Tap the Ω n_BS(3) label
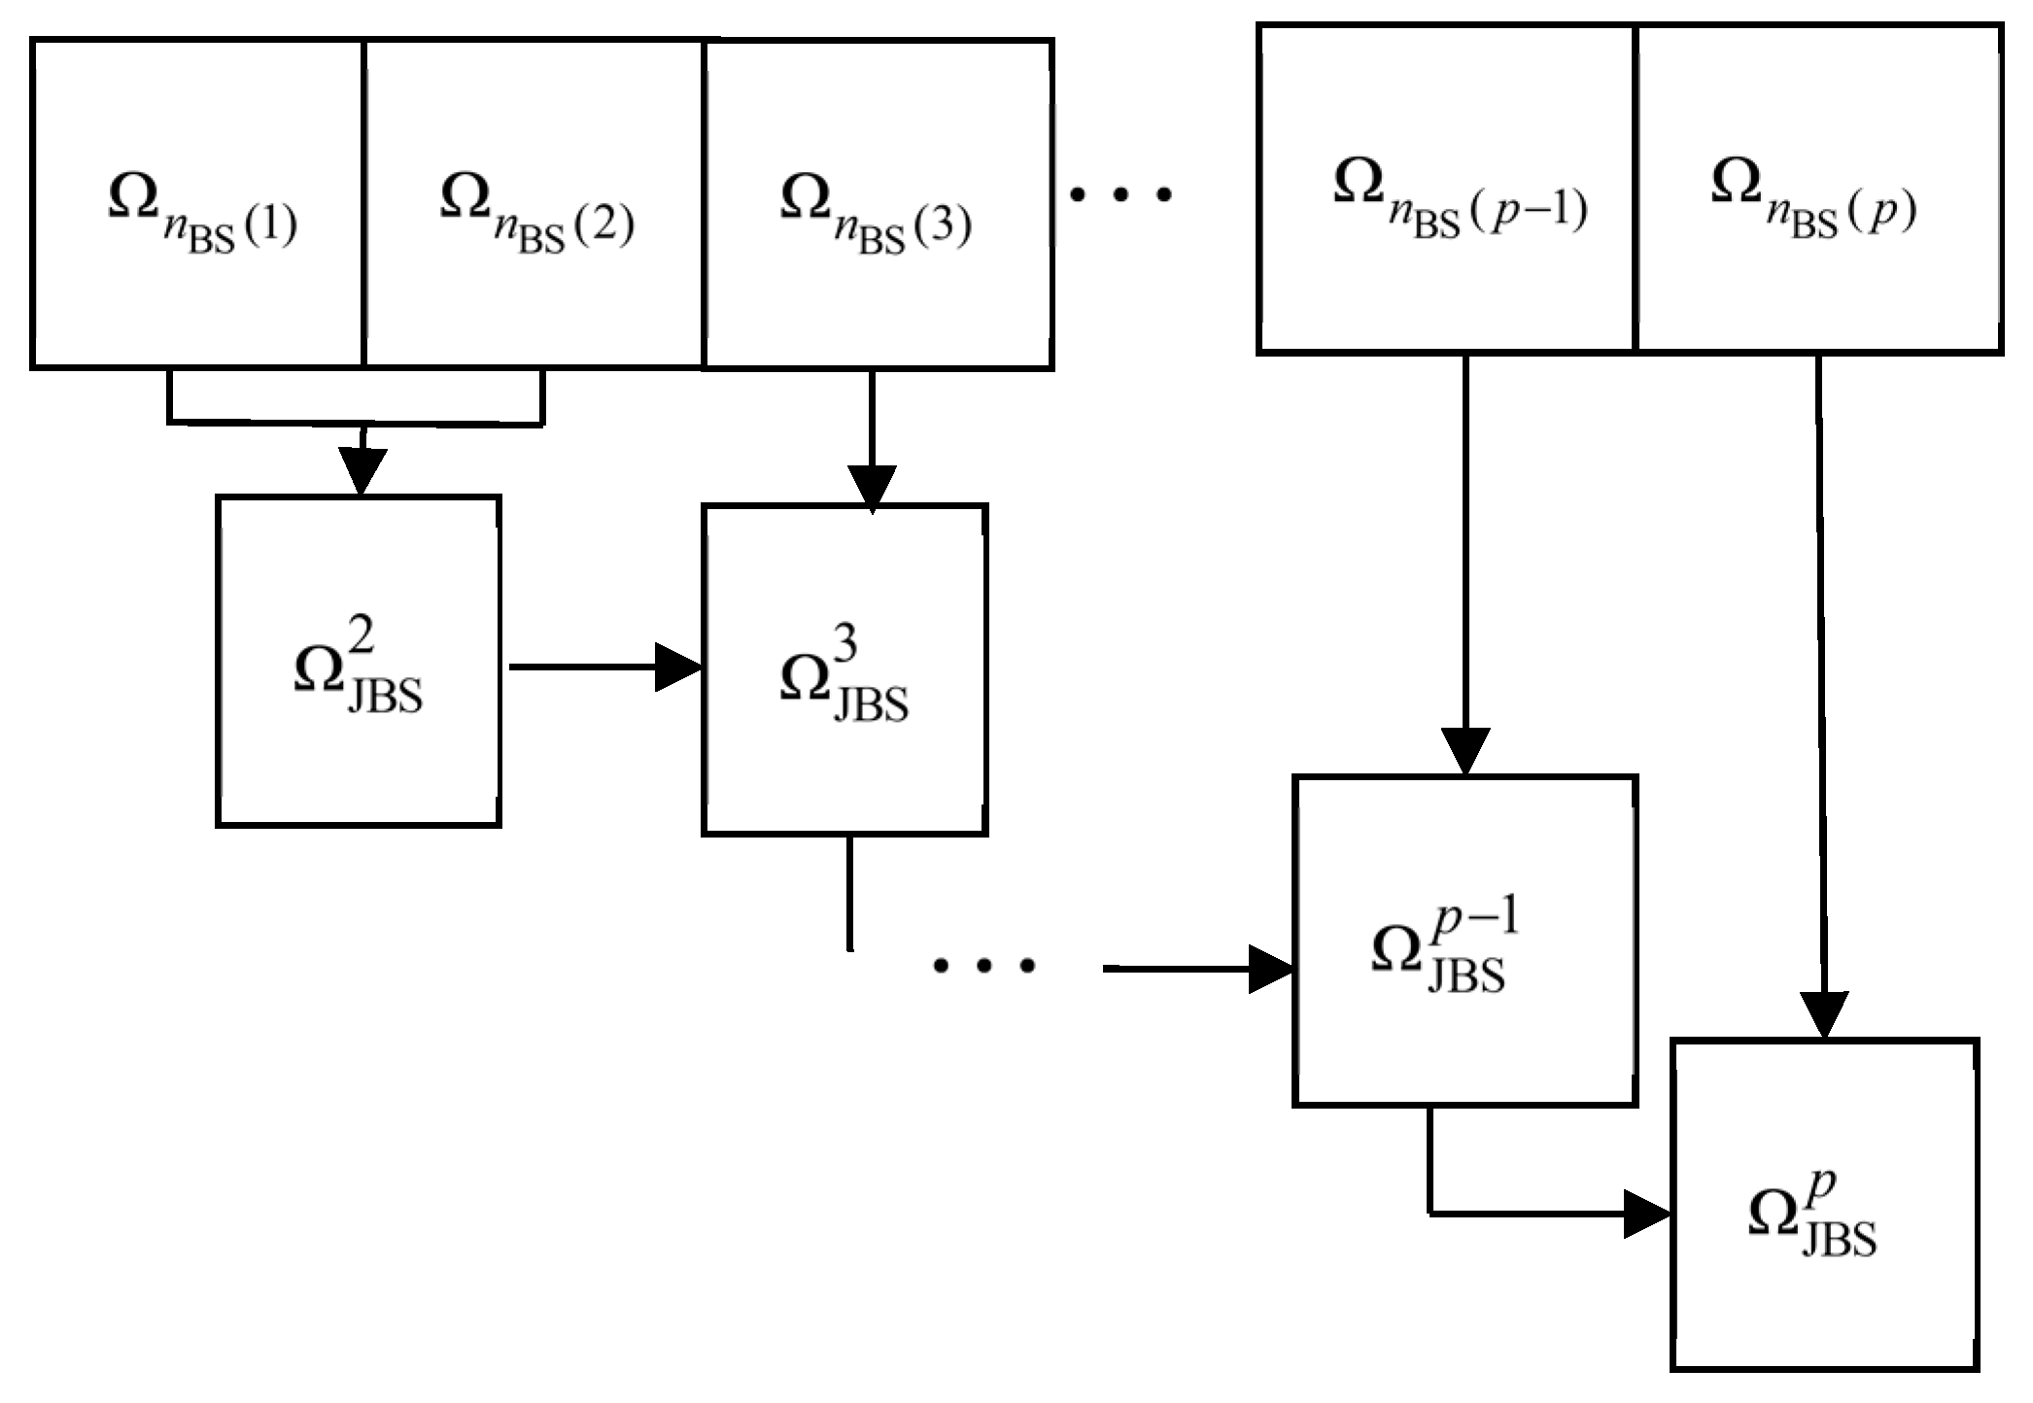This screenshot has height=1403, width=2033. click(875, 210)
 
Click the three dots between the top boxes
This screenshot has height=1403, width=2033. click(1120, 195)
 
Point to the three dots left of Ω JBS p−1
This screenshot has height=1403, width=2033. click(983, 966)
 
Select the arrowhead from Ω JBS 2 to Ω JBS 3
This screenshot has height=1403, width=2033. click(677, 667)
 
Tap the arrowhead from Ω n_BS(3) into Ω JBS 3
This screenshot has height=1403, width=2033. click(872, 489)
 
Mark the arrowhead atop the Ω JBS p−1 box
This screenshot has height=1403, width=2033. click(1464, 751)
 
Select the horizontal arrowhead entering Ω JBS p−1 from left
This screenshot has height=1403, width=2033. click(1270, 970)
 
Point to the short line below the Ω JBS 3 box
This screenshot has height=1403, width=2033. click(850, 892)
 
